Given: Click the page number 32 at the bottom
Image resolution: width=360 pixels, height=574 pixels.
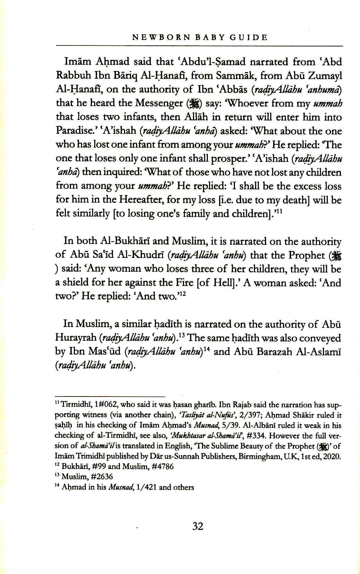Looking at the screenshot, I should point(197,527).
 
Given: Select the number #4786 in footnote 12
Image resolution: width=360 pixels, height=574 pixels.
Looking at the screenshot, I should point(161,467).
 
